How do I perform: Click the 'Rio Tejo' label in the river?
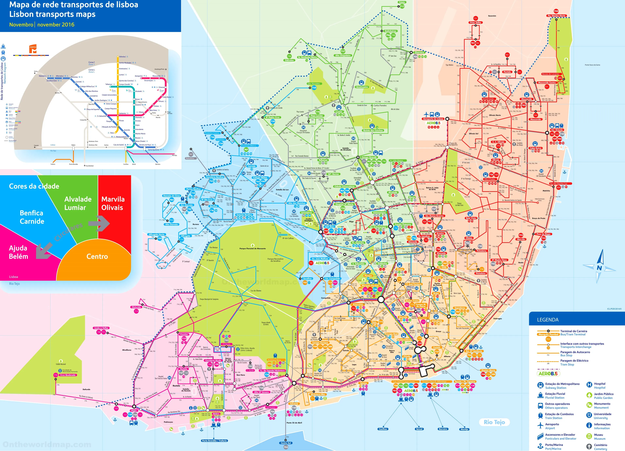click(x=494, y=422)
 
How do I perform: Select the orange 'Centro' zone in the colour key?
click(x=97, y=256)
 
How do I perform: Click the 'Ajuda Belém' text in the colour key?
click(x=18, y=252)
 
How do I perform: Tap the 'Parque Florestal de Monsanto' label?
click(x=252, y=248)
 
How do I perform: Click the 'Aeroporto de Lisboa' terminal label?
click(x=433, y=119)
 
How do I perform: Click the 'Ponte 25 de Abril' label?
click(x=294, y=423)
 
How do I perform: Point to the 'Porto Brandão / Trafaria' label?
click(x=214, y=441)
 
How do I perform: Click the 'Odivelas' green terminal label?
click(x=289, y=60)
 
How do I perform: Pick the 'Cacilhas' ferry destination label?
click(x=383, y=429)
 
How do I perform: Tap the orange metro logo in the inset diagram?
click(x=33, y=49)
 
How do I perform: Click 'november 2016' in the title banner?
click(x=56, y=25)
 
